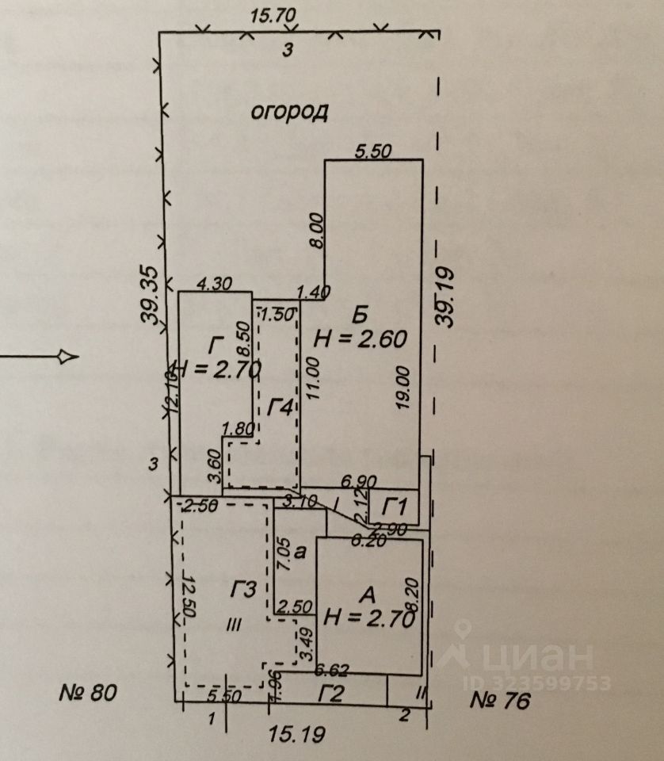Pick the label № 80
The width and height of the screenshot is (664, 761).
pyautogui.click(x=89, y=694)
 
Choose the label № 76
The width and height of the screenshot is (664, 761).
pyautogui.click(x=499, y=700)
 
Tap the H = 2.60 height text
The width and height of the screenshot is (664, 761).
pyautogui.click(x=361, y=339)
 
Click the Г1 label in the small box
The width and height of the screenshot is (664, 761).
pyautogui.click(x=395, y=505)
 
